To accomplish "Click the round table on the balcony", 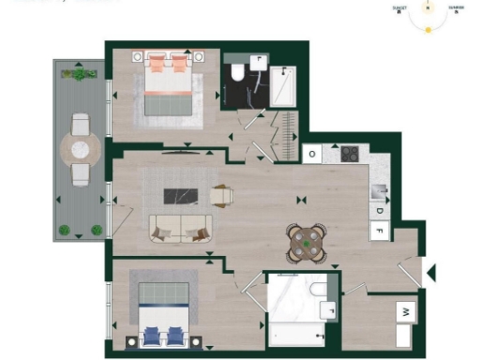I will (x=81, y=148).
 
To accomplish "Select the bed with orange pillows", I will (x=171, y=90).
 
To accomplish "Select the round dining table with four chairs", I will (x=306, y=244).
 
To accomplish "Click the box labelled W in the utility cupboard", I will (x=405, y=310).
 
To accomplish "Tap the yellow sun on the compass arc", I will (x=428, y=30).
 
